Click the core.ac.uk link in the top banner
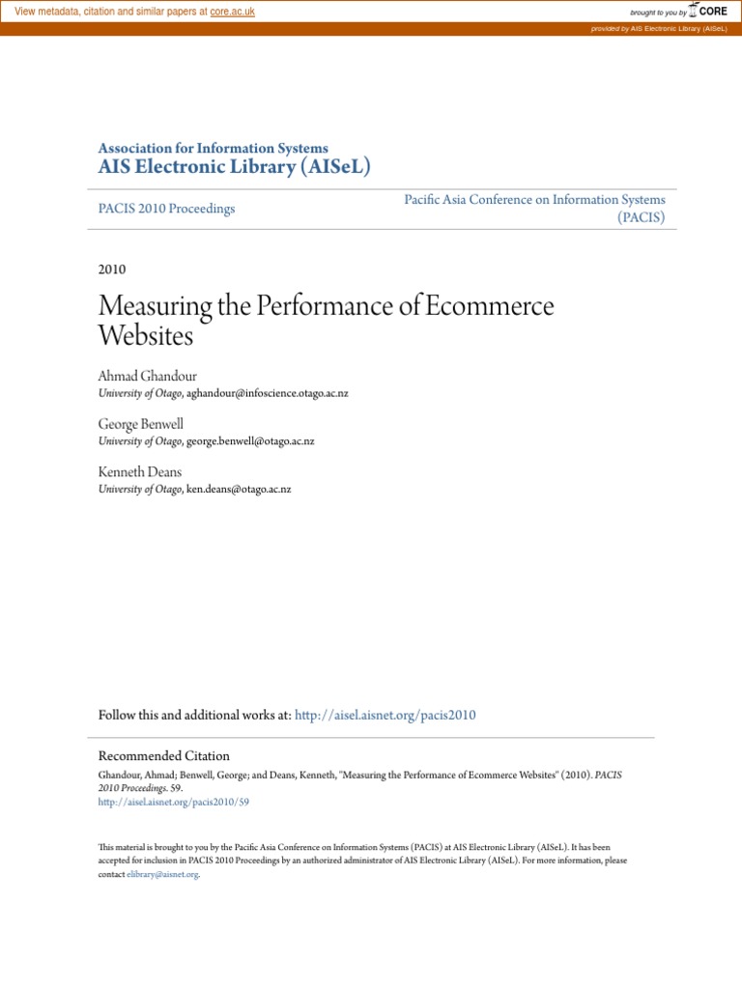232,12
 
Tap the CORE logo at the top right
708,12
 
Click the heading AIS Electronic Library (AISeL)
234,167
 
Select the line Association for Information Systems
213,149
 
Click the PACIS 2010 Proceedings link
166,209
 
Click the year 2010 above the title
112,269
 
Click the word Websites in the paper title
146,336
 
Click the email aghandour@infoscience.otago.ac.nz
268,393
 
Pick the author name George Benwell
140,423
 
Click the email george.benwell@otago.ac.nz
250,441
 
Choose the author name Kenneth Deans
139,471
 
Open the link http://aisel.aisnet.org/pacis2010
385,716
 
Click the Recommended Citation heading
164,756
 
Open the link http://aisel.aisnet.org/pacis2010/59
174,803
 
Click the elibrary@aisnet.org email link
162,874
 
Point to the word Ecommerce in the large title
490,307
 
